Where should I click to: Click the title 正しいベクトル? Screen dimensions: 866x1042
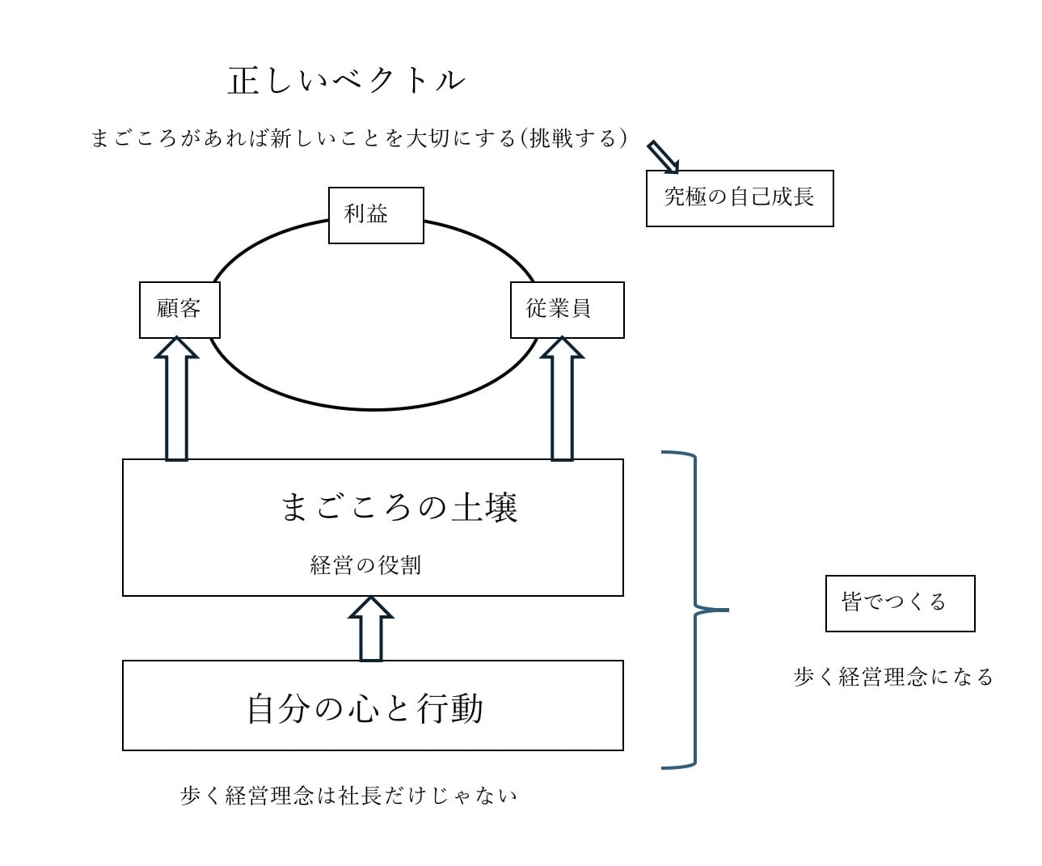click(x=346, y=80)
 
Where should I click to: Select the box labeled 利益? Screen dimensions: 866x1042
click(x=376, y=214)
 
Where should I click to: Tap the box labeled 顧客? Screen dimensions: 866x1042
click(x=179, y=309)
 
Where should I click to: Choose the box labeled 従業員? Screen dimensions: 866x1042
click(x=567, y=309)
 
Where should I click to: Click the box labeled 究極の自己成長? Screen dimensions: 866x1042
click(x=739, y=198)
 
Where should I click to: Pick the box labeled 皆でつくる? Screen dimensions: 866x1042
click(x=900, y=603)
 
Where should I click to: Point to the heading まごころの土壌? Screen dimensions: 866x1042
click(x=399, y=507)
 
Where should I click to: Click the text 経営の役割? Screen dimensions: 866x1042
click(x=365, y=564)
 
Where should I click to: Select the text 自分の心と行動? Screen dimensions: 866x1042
click(x=365, y=708)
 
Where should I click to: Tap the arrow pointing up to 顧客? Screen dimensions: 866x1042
click(x=176, y=400)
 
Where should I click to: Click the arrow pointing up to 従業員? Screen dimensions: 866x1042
click(x=562, y=400)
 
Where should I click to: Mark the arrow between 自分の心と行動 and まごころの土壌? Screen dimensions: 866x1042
click(x=370, y=629)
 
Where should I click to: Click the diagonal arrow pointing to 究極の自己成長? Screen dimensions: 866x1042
click(x=664, y=156)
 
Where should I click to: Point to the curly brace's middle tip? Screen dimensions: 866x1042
click(x=725, y=610)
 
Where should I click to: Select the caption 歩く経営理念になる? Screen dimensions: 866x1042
click(x=893, y=677)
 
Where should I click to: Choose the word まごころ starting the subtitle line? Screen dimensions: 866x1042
click(x=133, y=138)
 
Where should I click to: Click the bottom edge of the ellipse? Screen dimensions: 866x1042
click(x=373, y=409)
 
